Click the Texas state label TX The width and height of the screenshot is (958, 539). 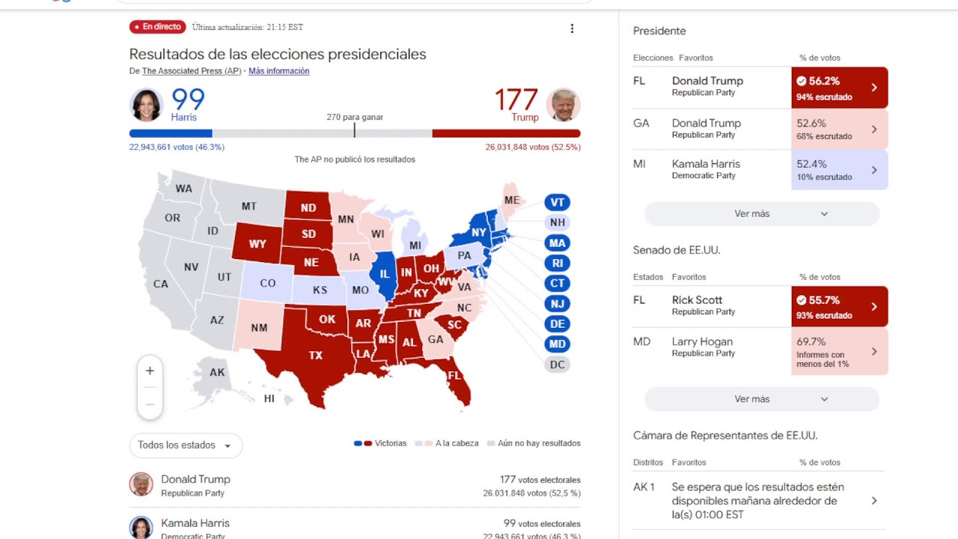pyautogui.click(x=316, y=356)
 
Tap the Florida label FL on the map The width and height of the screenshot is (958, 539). pyautogui.click(x=454, y=376)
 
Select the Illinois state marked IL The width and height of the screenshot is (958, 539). pyautogui.click(x=385, y=274)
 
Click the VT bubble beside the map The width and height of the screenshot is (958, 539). pyautogui.click(x=558, y=202)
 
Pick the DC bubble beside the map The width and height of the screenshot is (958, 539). pyautogui.click(x=558, y=365)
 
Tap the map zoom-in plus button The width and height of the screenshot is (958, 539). pyautogui.click(x=150, y=371)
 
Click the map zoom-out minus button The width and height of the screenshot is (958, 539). pyautogui.click(x=150, y=404)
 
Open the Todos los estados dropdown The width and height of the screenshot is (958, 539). pyautogui.click(x=186, y=445)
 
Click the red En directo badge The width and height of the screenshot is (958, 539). pyautogui.click(x=157, y=27)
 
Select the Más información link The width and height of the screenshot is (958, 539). pyautogui.click(x=278, y=71)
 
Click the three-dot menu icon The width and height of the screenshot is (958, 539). pyautogui.click(x=572, y=28)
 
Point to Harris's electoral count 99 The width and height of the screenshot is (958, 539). pyautogui.click(x=188, y=100)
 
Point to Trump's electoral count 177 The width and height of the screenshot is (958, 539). pyautogui.click(x=516, y=100)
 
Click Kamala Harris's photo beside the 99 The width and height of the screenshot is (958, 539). pyautogui.click(x=147, y=105)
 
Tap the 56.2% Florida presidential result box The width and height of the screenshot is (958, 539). pyautogui.click(x=839, y=88)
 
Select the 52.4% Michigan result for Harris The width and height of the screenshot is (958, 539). pyautogui.click(x=839, y=170)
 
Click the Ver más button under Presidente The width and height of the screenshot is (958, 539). pyautogui.click(x=761, y=214)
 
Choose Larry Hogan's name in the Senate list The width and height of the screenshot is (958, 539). pyautogui.click(x=702, y=342)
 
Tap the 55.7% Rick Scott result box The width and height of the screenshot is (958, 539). pyautogui.click(x=839, y=307)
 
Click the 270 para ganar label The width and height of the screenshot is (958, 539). pyautogui.click(x=355, y=118)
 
